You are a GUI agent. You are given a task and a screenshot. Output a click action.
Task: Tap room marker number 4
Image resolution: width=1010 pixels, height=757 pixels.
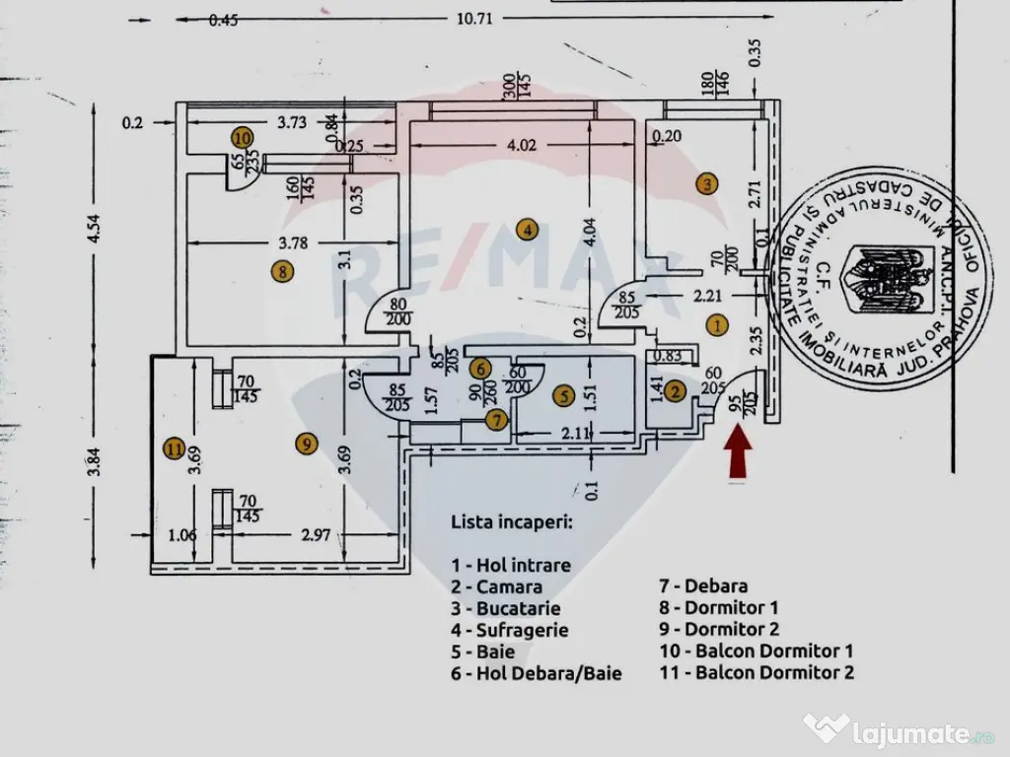(x=529, y=231)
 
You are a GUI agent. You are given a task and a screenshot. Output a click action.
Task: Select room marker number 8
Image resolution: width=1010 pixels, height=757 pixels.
(x=283, y=272)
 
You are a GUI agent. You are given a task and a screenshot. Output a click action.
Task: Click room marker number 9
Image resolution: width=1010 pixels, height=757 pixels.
(x=305, y=446)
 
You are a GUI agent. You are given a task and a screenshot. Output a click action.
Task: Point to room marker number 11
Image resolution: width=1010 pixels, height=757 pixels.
(x=175, y=449)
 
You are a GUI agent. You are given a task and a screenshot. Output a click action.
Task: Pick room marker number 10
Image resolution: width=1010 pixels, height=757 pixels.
(x=243, y=137)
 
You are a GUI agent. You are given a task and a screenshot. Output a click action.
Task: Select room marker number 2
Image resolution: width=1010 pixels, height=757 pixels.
(x=675, y=391)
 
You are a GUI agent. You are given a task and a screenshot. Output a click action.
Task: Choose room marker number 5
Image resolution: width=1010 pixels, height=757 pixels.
(x=562, y=397)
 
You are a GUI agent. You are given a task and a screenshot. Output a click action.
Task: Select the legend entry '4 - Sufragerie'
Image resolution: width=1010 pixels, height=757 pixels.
(x=510, y=630)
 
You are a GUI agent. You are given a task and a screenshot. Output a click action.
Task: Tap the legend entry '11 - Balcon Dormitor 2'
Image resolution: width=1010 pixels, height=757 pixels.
(x=757, y=673)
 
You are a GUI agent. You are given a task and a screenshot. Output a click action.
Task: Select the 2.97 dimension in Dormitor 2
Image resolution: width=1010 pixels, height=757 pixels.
(x=316, y=536)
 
